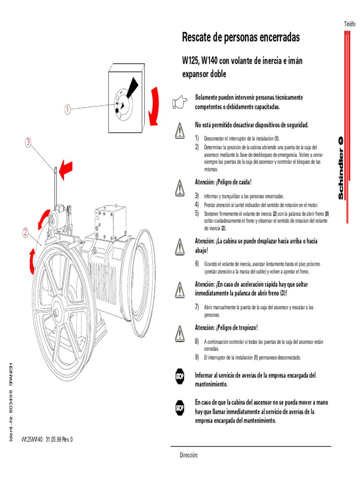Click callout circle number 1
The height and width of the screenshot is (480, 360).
(67, 110)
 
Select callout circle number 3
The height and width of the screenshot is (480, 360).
(28, 142)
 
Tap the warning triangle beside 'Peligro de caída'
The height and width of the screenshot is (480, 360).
(179, 187)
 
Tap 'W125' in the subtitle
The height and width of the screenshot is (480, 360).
(190, 61)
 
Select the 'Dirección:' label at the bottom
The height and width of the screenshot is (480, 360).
(190, 456)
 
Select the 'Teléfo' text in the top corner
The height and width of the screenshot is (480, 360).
(350, 24)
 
